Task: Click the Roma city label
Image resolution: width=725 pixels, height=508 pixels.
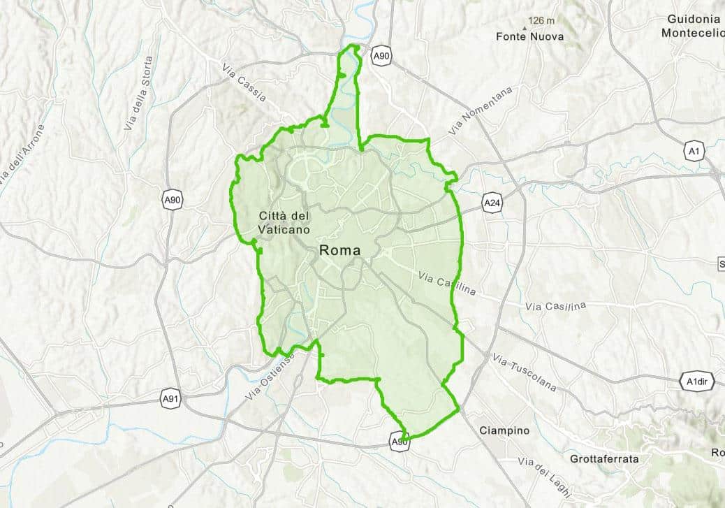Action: pyautogui.click(x=340, y=250)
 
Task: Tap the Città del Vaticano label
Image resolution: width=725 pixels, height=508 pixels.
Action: pyautogui.click(x=284, y=222)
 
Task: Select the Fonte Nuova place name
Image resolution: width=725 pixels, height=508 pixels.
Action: pyautogui.click(x=529, y=36)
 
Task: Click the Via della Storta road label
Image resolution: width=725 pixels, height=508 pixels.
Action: pyautogui.click(x=138, y=93)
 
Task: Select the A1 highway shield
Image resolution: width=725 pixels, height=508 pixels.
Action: pyautogui.click(x=694, y=151)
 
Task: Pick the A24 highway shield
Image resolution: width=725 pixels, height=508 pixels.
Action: pyautogui.click(x=492, y=203)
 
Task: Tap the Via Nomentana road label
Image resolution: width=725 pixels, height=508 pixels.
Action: pyautogui.click(x=481, y=111)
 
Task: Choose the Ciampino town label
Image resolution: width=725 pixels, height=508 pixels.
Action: pyautogui.click(x=504, y=430)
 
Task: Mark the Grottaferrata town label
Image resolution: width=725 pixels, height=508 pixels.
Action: pyautogui.click(x=603, y=459)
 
